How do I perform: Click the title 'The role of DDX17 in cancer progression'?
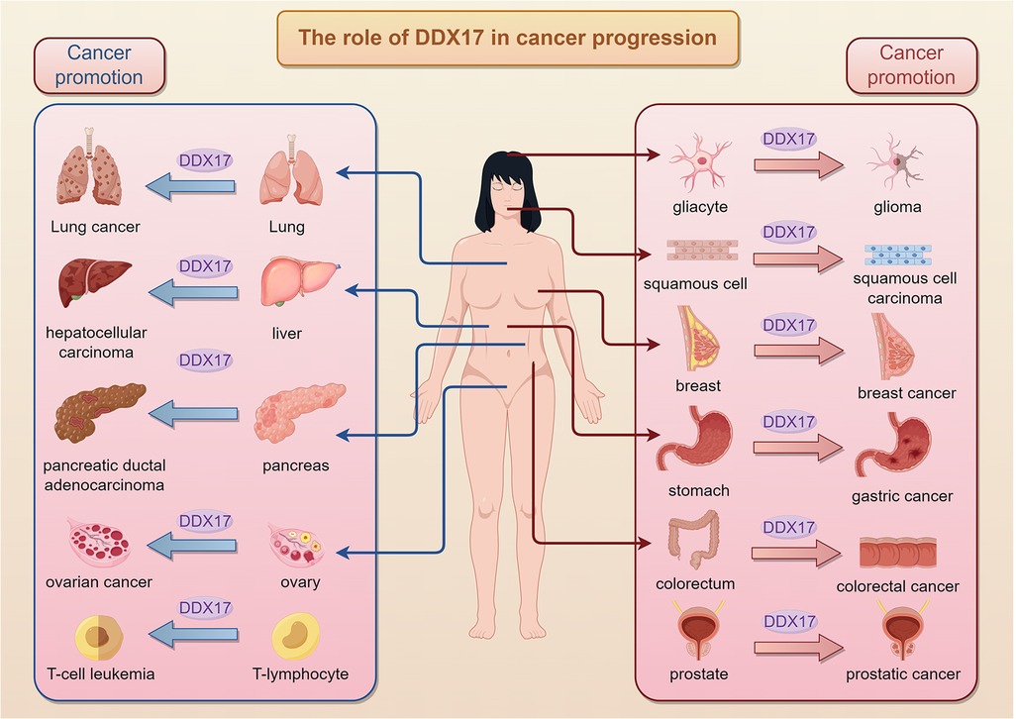coord(507,39)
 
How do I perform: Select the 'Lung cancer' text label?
coord(95,227)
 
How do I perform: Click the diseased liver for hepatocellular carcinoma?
coord(94,281)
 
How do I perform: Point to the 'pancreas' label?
coord(295,464)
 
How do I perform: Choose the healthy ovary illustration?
coord(298,546)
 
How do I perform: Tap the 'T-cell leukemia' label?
coord(100,674)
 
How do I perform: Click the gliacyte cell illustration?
coord(698,164)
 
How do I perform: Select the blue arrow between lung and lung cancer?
coord(191,185)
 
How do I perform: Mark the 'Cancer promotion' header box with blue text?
coord(98,64)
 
